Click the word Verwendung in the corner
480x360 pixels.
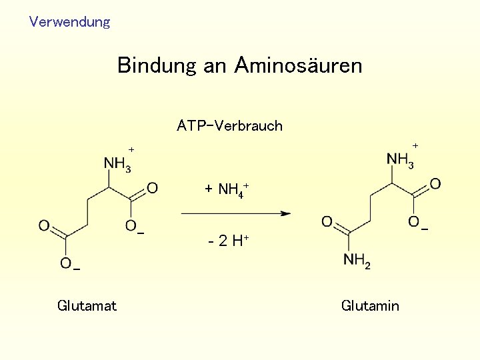[x=69, y=22]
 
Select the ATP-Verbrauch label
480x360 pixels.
[x=229, y=126]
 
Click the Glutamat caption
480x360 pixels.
[x=87, y=306]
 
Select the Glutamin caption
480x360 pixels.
[x=370, y=306]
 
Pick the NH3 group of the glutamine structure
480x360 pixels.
[x=401, y=160]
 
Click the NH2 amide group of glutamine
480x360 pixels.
[x=357, y=261]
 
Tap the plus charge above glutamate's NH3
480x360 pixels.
[x=131, y=149]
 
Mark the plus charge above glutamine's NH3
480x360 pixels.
[x=415, y=145]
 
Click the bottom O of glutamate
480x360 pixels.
[x=66, y=263]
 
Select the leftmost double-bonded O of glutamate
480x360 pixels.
[x=44, y=225]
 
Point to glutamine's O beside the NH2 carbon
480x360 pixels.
[x=327, y=221]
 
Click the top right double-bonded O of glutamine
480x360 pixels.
[x=435, y=183]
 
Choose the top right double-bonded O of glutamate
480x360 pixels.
[x=152, y=188]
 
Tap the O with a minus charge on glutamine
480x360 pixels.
[x=414, y=221]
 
